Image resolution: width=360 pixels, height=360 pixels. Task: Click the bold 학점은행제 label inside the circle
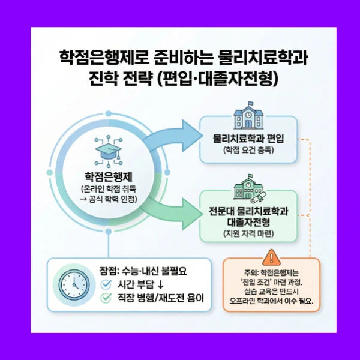click(109, 177)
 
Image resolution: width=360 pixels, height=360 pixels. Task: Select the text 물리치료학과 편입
click(248, 139)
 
